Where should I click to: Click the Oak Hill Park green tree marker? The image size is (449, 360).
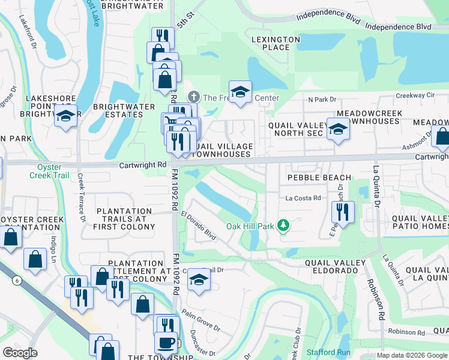pyautogui.click(x=283, y=226)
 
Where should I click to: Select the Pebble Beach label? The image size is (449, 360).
pyautogui.click(x=319, y=178)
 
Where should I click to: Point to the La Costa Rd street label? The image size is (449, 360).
pyautogui.click(x=303, y=197)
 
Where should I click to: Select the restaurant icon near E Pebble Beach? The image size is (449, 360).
pyautogui.click(x=342, y=211)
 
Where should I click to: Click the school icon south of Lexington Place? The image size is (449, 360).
pyautogui.click(x=240, y=91)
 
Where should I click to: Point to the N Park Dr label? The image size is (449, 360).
pyautogui.click(x=322, y=100)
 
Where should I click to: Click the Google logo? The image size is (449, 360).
pyautogui.click(x=20, y=353)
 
